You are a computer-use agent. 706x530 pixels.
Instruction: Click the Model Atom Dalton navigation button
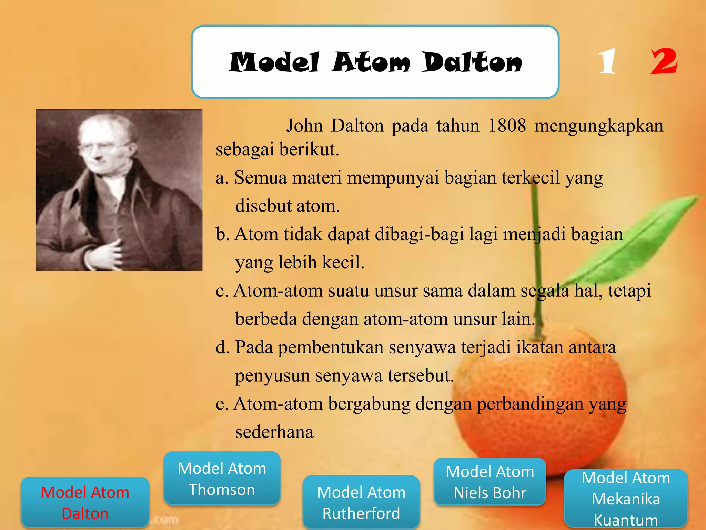coord(85,502)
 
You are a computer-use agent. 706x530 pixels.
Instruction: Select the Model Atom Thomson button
coord(222,479)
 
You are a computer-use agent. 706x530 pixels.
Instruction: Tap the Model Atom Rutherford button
coord(361,502)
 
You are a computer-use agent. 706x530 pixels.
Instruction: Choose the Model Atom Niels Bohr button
coord(490,482)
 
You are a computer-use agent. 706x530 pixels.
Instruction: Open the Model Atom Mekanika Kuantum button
coord(626,498)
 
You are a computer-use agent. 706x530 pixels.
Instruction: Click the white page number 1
coord(607,61)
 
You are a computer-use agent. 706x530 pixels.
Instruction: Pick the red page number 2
coord(664,61)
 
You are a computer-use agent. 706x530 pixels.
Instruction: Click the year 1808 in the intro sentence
coord(507,126)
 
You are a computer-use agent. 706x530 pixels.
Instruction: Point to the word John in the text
coord(304,126)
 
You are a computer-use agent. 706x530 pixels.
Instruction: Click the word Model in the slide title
coord(274,62)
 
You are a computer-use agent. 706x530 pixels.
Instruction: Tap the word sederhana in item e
coord(274,432)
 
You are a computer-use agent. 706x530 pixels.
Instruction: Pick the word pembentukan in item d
coord(331,347)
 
